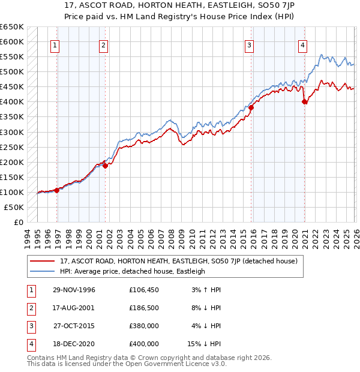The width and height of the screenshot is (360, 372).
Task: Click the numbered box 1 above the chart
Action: (55, 44)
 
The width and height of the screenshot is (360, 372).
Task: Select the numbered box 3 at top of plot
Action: (248, 44)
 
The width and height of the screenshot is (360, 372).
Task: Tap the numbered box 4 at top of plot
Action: (303, 44)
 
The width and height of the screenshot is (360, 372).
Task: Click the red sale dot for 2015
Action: (251, 107)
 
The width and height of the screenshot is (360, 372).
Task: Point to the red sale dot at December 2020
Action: (305, 101)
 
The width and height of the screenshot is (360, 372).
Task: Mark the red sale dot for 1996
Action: (57, 190)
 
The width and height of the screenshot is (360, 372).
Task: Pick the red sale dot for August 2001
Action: (106, 166)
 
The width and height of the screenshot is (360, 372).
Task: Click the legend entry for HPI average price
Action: (133, 271)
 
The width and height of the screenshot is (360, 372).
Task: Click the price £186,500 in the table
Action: (144, 308)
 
